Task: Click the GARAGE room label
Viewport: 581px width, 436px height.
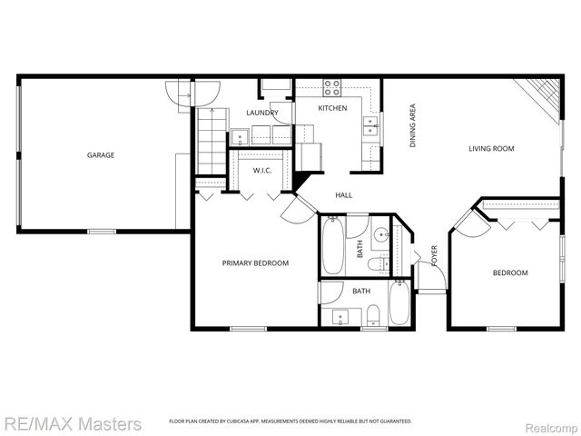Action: (100, 155)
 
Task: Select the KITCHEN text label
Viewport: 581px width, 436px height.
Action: (332, 108)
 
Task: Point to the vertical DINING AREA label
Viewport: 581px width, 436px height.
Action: (413, 126)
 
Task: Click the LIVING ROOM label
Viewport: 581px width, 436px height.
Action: (491, 149)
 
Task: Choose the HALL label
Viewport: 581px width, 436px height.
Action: (343, 194)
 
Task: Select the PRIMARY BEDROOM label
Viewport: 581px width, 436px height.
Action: (255, 263)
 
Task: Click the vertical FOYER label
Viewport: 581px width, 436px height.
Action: (434, 255)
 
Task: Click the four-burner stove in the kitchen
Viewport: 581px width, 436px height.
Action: (332, 88)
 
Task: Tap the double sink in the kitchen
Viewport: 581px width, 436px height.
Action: (370, 126)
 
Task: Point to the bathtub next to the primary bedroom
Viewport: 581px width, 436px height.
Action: (332, 246)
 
